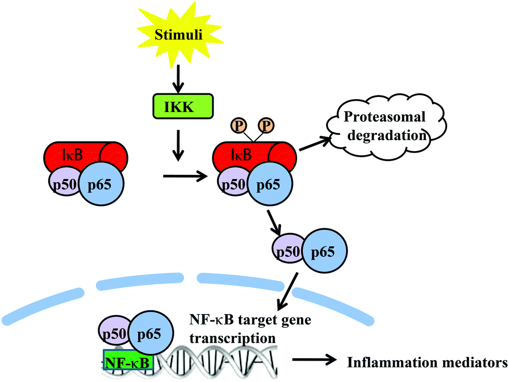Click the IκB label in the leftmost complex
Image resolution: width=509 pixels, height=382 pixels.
(69, 154)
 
